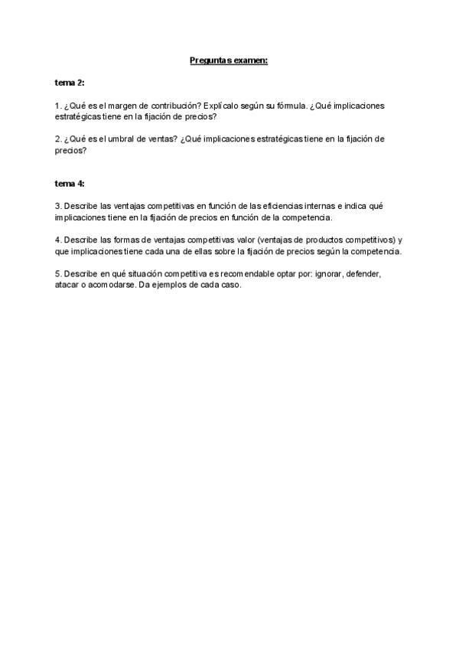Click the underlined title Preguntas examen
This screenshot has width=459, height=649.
click(229, 60)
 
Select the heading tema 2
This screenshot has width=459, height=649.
click(69, 82)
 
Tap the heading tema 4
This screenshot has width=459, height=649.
click(69, 184)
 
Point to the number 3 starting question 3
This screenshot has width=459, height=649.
click(57, 207)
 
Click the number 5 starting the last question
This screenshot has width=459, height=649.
click(57, 274)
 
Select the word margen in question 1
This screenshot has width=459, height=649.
click(112, 105)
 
